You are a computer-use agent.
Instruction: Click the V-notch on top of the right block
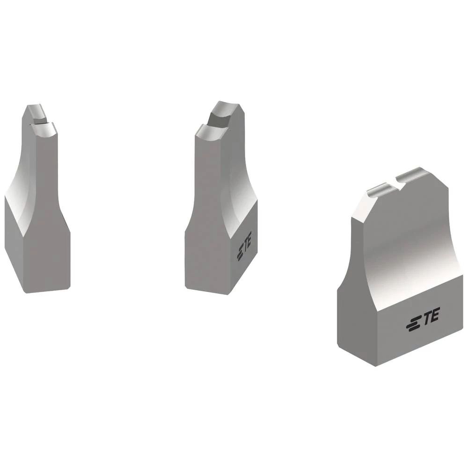tap(398, 183)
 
